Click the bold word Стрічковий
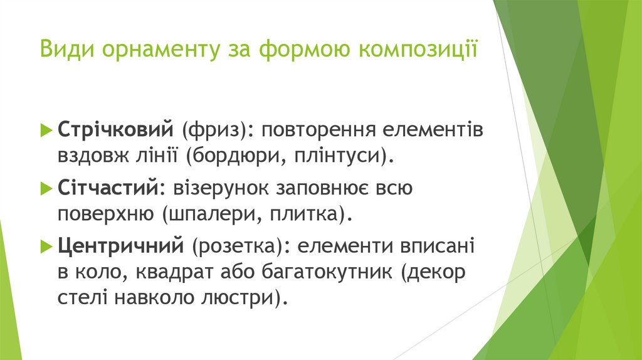tap(115, 131)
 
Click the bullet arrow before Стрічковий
tap(46, 131)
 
